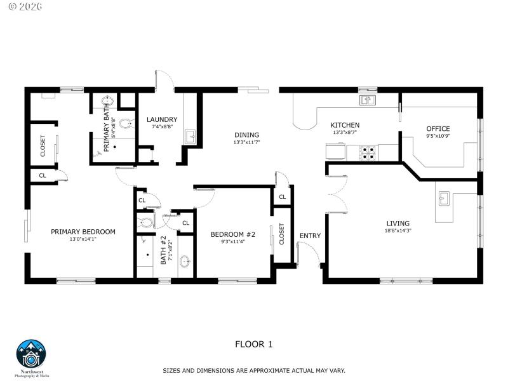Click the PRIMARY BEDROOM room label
click(x=83, y=232)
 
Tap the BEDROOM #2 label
click(x=233, y=234)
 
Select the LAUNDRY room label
click(x=162, y=119)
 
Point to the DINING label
click(x=246, y=135)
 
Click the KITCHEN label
click(x=345, y=125)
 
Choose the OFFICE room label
click(x=438, y=129)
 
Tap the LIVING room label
click(x=398, y=223)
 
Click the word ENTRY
click(x=310, y=236)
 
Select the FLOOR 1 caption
click(x=253, y=344)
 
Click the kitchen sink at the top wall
click(x=367, y=100)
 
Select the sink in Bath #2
click(x=185, y=260)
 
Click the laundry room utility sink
click(x=190, y=136)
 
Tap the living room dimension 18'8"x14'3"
click(x=398, y=231)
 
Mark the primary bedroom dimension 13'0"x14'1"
click(x=83, y=239)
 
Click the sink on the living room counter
click(x=444, y=199)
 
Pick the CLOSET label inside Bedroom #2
click(x=281, y=234)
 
